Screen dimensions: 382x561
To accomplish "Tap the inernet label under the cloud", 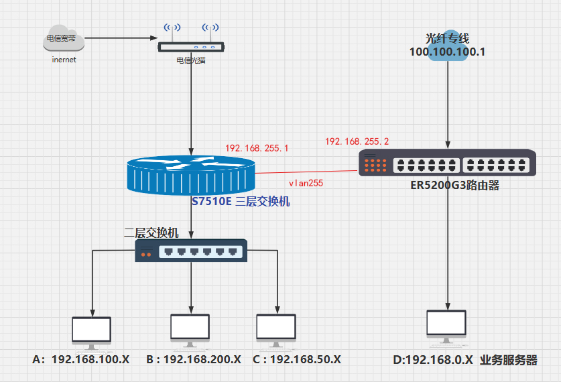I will (x=64, y=60).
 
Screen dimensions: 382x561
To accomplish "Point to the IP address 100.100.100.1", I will (x=447, y=52).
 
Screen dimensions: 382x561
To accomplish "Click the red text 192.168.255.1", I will (x=257, y=148).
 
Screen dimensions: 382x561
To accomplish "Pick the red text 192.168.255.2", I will (x=357, y=141).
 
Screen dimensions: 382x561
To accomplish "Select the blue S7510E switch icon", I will (x=191, y=175).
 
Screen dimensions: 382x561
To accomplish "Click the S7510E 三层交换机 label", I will (x=241, y=200).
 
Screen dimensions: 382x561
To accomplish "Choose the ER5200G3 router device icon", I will (x=448, y=163).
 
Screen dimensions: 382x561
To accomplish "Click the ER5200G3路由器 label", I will (x=455, y=186).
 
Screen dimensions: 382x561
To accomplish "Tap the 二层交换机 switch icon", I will (x=191, y=251).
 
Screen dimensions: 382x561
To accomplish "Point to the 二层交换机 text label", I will (x=151, y=233).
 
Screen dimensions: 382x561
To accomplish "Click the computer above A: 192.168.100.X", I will (x=92, y=331).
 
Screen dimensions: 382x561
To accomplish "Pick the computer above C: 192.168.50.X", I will (x=276, y=328).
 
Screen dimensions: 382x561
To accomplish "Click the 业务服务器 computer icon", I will (x=446, y=326).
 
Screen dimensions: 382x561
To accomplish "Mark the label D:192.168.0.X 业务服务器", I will (x=465, y=360).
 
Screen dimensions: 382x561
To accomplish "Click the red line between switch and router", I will (x=305, y=172).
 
